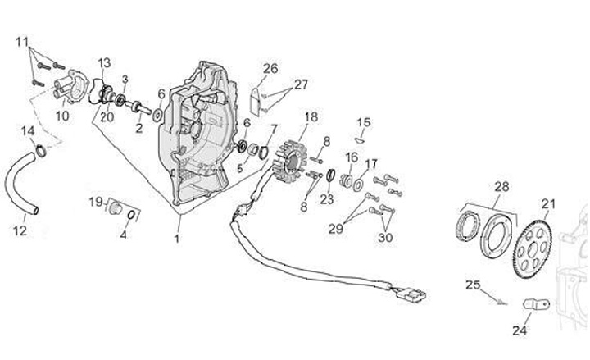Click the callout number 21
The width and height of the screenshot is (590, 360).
547,204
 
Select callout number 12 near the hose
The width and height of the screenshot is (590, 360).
20,231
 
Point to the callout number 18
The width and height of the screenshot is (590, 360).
311,116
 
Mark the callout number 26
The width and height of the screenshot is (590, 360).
270,68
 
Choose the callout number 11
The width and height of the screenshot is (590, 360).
22,41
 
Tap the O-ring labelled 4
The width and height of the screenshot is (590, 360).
134,216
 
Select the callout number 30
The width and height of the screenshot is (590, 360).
385,239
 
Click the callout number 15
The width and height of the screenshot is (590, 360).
363,122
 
